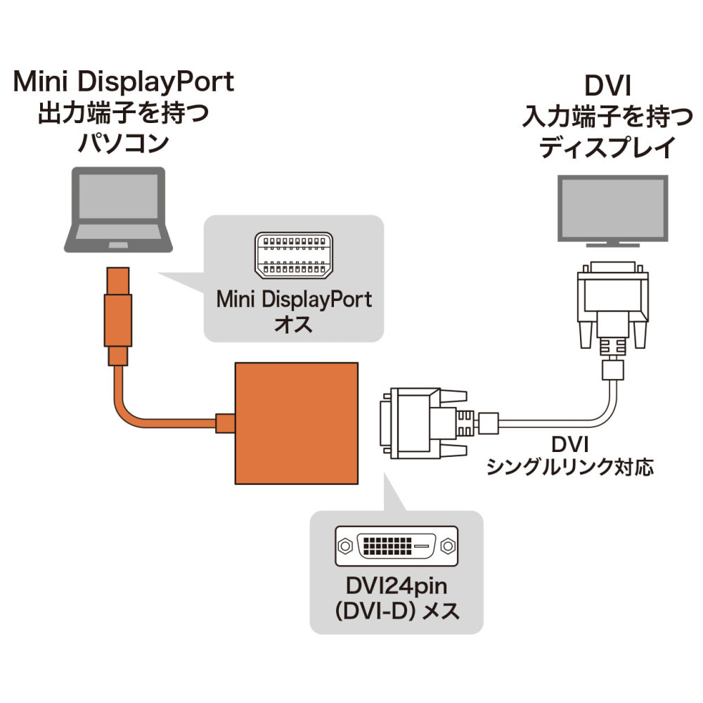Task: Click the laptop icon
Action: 118,209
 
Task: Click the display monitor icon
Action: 612,211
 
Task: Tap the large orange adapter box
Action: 297,423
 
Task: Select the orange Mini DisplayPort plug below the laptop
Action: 118,316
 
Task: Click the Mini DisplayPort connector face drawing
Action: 294,256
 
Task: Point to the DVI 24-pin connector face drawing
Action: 396,546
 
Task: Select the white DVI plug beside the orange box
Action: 439,423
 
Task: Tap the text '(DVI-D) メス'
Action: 396,611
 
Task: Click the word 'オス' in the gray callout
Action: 293,323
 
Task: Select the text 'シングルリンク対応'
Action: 570,467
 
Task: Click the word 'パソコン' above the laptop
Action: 123,143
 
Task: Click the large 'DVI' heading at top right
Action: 607,86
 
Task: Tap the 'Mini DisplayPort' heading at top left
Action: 124,82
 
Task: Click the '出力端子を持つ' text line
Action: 123,113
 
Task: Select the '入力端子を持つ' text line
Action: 607,117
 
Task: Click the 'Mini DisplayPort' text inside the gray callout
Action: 294,299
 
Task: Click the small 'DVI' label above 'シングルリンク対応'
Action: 570,444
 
